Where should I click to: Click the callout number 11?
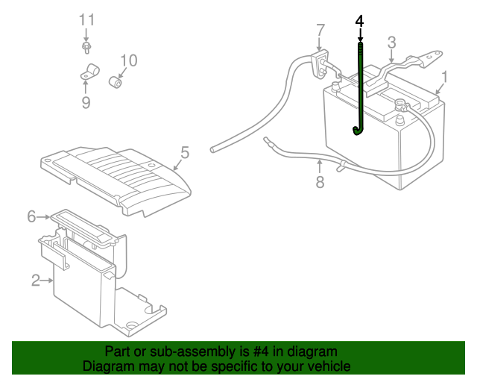(x=87, y=19)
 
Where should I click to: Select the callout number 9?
(x=86, y=102)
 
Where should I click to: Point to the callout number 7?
(x=320, y=31)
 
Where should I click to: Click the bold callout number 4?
(x=360, y=20)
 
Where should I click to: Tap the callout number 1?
(x=445, y=77)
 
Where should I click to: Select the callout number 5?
(x=185, y=152)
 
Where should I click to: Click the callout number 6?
(x=31, y=216)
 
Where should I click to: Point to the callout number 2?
(x=35, y=281)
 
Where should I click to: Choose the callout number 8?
(x=320, y=181)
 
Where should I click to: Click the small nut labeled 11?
(x=87, y=48)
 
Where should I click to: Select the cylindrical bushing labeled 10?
(x=117, y=81)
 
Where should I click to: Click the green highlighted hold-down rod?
(x=361, y=90)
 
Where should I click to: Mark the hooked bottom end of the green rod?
(x=358, y=132)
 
